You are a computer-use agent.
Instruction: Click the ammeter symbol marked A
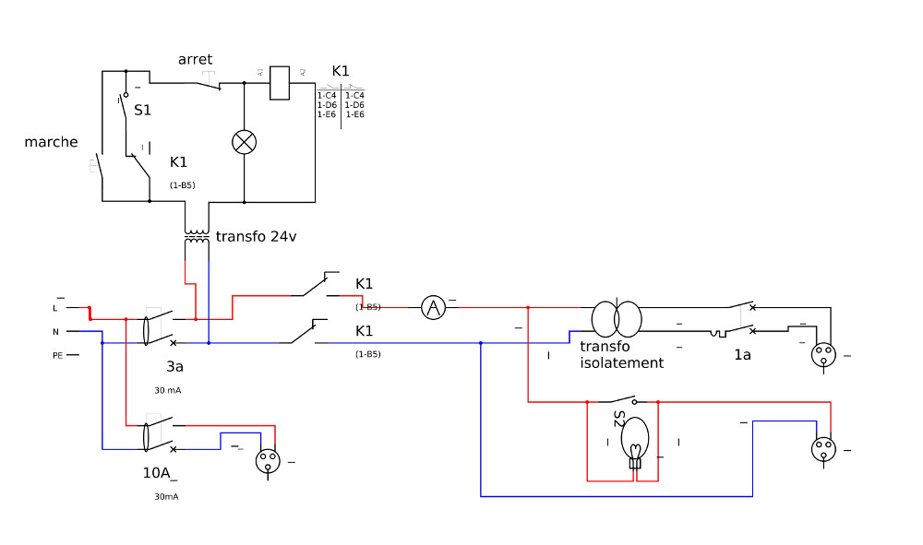434,308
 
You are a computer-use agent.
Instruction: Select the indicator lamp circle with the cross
244,141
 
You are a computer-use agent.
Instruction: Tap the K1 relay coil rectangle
281,83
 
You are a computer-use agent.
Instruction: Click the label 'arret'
195,60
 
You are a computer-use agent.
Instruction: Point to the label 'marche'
51,142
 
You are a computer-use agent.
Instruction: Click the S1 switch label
142,110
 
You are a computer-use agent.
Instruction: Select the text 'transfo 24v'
256,236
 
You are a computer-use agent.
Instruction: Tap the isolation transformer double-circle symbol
617,318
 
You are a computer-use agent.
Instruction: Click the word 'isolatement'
621,363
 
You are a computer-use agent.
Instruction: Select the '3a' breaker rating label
174,366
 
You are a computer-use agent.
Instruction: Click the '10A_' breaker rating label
159,473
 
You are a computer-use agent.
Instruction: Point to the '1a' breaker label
742,354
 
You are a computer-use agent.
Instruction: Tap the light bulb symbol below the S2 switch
635,441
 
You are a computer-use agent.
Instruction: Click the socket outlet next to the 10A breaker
268,460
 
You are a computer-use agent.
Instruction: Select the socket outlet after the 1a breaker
822,353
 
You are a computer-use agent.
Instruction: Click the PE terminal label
57,355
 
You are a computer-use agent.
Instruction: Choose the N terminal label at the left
55,332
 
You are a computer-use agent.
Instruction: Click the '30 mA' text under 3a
167,390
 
